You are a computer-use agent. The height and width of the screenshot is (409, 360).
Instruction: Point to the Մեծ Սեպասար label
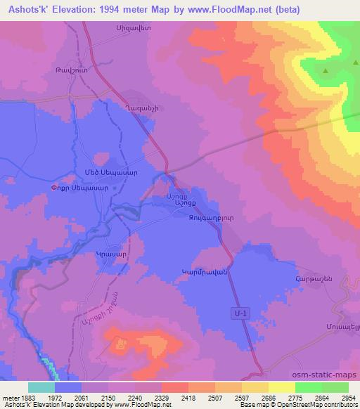[107, 172]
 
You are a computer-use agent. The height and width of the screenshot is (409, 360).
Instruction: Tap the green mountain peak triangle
[326, 72]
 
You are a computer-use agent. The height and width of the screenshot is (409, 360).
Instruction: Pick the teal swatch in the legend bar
[41, 387]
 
